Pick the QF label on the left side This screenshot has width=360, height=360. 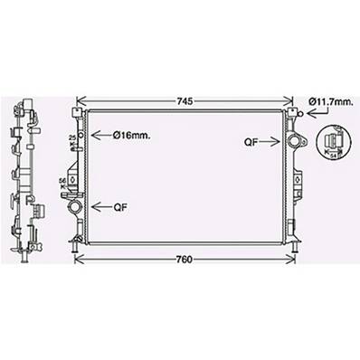click(x=119, y=206)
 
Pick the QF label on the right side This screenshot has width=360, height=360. click(x=251, y=141)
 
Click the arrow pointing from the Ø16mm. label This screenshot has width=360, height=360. click(x=100, y=135)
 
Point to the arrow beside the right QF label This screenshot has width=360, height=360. click(x=273, y=141)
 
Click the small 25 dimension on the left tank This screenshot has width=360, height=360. click(x=71, y=137)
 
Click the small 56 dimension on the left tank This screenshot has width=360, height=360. click(x=62, y=183)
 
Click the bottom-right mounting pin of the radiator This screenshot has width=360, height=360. click(x=291, y=242)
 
